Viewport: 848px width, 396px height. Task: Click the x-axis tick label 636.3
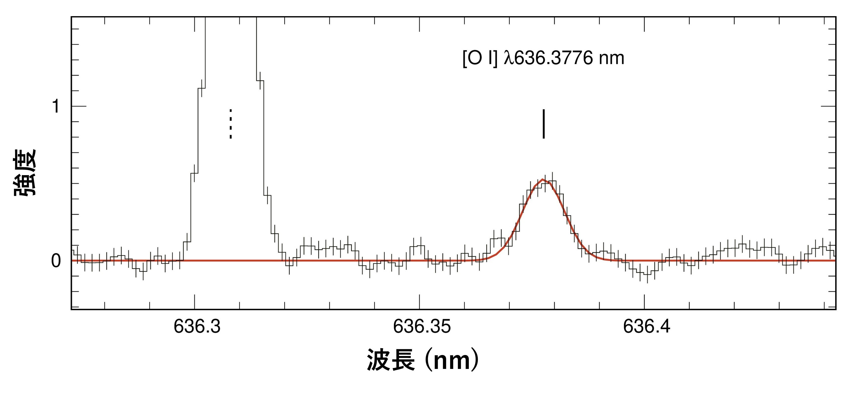pyautogui.click(x=197, y=327)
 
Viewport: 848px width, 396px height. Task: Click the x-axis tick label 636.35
pyautogui.click(x=422, y=327)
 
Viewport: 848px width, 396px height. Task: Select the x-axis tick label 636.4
pyautogui.click(x=647, y=327)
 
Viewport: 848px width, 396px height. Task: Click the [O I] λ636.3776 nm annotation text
pyautogui.click(x=543, y=58)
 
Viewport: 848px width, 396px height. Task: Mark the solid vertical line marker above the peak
pyautogui.click(x=544, y=124)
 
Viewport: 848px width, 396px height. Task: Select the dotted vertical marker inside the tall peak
pyautogui.click(x=231, y=124)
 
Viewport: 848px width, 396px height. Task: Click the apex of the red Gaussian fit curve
pyautogui.click(x=542, y=180)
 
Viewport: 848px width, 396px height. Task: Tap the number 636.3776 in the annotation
pyautogui.click(x=553, y=58)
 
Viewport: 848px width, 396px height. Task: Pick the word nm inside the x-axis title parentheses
pyautogui.click(x=451, y=361)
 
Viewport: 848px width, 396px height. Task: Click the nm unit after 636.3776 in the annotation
pyautogui.click(x=611, y=59)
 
